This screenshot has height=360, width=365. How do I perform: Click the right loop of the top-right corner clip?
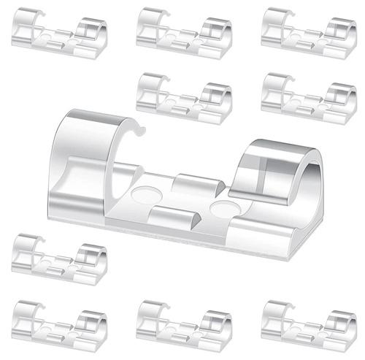(340, 29)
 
